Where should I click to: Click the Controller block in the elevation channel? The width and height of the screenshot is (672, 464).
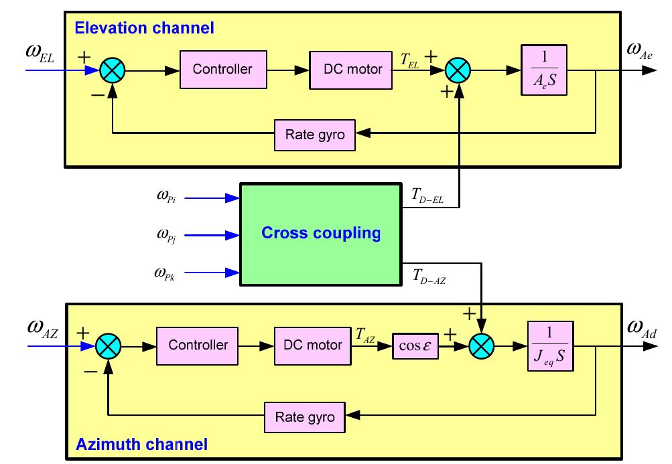(x=222, y=70)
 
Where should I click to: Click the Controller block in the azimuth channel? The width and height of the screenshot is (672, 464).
(x=198, y=345)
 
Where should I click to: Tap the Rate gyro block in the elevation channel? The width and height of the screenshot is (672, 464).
(x=315, y=135)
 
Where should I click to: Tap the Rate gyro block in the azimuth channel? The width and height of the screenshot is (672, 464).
(x=305, y=417)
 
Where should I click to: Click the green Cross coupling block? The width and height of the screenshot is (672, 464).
(x=320, y=234)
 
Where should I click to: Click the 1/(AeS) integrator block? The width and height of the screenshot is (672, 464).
(x=543, y=70)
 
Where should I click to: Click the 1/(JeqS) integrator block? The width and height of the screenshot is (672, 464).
(x=551, y=346)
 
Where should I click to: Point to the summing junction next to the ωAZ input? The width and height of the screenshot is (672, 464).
(x=107, y=346)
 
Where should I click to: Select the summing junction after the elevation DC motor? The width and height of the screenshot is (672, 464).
(x=459, y=70)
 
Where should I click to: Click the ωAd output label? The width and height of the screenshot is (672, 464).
(x=641, y=327)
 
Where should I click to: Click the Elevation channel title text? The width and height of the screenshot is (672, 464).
(x=144, y=28)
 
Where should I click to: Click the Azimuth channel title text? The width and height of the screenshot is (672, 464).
(x=141, y=444)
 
